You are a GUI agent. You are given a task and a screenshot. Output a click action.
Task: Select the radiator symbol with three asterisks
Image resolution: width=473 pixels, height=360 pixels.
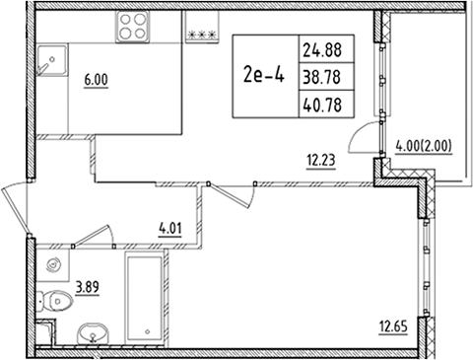203,34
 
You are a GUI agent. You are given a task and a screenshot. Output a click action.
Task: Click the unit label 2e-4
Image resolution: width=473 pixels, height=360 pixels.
261,76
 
